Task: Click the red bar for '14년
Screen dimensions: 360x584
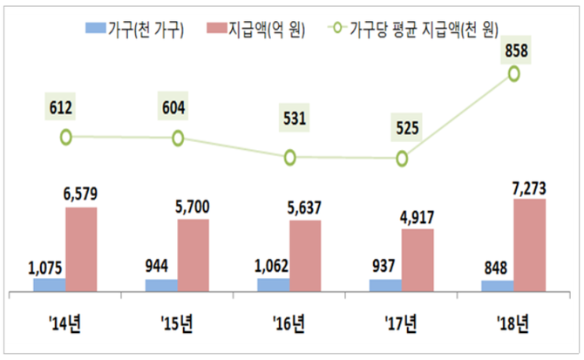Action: click(81, 249)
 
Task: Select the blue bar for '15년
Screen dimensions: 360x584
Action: click(161, 285)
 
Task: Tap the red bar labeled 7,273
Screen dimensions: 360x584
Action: click(530, 245)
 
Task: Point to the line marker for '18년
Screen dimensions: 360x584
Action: click(513, 74)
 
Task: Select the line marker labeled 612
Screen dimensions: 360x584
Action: click(65, 137)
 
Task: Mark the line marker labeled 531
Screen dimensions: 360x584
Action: click(289, 158)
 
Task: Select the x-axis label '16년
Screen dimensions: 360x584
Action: click(289, 326)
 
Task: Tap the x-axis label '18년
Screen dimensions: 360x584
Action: click(513, 326)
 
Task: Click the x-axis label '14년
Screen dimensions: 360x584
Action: click(64, 326)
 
